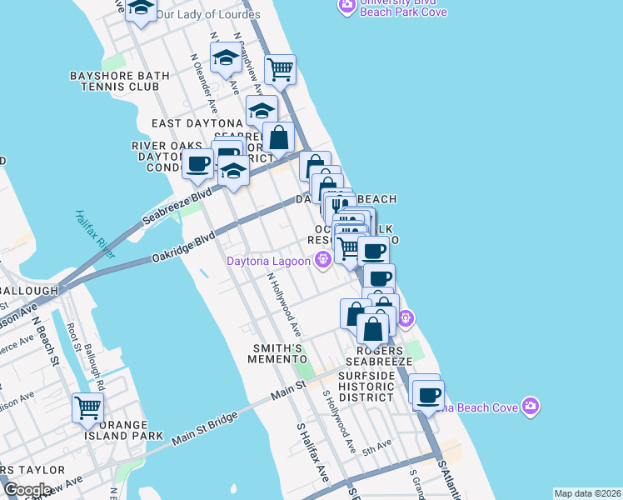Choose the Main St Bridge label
click(204, 424)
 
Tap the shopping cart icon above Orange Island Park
click(87, 407)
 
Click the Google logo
click(27, 490)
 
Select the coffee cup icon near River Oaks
click(198, 164)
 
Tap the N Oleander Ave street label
click(204, 78)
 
